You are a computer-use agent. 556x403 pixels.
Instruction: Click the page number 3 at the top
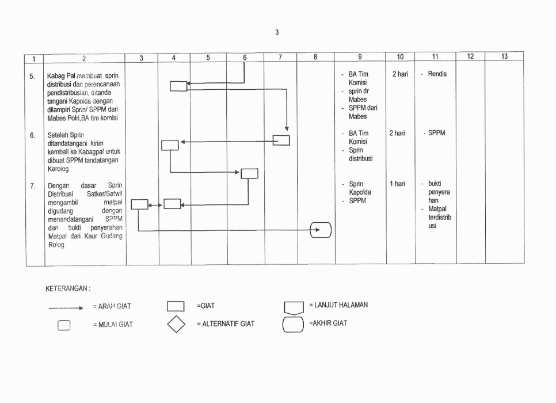point(277,32)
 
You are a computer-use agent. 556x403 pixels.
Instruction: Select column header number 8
point(315,56)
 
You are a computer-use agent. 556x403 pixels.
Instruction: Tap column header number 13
point(504,56)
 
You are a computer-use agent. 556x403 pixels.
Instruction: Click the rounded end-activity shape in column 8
point(321,230)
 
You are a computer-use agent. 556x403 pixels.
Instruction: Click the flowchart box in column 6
point(250,173)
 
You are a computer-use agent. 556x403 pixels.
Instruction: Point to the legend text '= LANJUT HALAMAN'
point(338,305)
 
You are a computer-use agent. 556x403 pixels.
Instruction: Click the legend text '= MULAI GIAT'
point(113,325)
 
